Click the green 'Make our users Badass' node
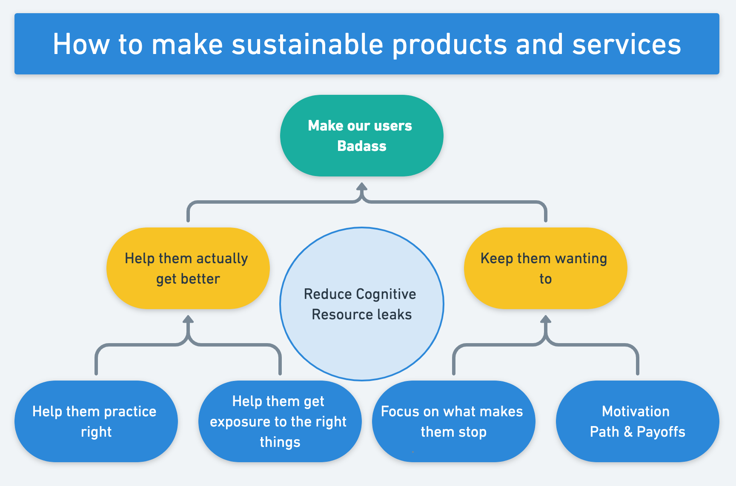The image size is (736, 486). [x=361, y=136]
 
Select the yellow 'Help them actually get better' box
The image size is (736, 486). [x=188, y=268]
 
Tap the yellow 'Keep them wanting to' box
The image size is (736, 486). [x=545, y=268]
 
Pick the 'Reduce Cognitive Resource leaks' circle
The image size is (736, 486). [x=362, y=304]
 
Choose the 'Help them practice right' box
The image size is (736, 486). [x=96, y=421]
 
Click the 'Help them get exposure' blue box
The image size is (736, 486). [x=280, y=421]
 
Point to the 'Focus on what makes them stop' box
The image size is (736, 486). [x=453, y=421]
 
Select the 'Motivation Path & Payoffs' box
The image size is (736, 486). [x=637, y=421]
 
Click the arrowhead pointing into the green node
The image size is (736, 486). [x=362, y=187]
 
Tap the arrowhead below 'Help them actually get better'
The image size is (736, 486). [x=188, y=319]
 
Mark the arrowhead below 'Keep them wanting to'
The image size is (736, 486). [x=546, y=319]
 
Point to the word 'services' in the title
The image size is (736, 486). [x=627, y=45]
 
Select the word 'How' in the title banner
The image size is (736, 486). [x=81, y=44]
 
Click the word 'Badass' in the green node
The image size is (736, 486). [x=362, y=146]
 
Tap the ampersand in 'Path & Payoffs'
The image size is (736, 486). [x=628, y=432]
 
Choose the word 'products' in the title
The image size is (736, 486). [x=450, y=45]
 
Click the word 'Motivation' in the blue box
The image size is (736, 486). [x=636, y=411]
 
